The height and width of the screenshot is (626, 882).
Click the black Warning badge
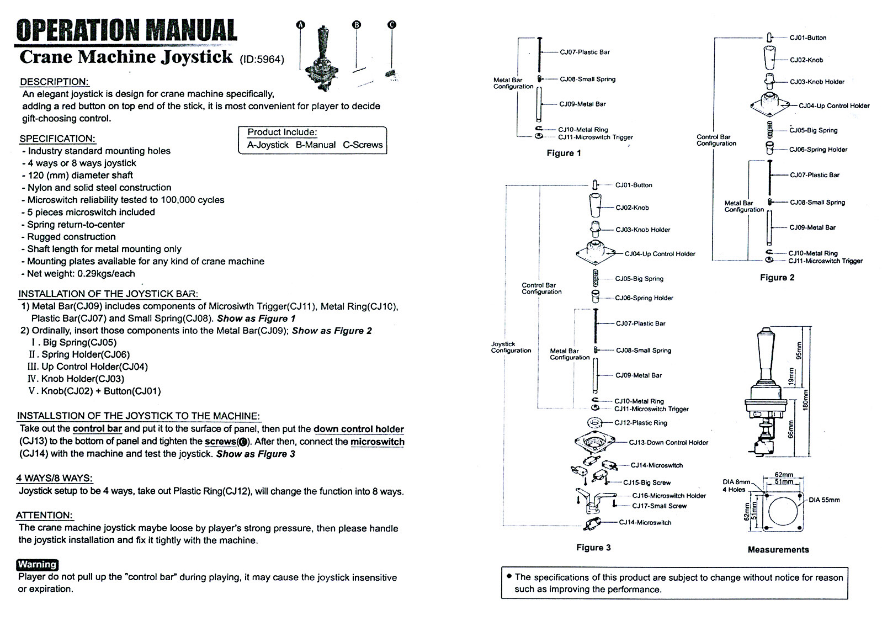click(x=38, y=565)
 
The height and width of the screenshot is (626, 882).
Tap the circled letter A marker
click(x=300, y=25)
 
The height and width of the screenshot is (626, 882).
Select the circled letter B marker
click(x=357, y=25)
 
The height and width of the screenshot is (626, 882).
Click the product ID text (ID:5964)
click(x=262, y=60)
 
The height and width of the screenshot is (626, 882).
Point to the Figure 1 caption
click(x=564, y=153)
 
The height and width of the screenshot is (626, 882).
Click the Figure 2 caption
click(x=777, y=278)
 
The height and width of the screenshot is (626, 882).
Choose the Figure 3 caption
click(x=593, y=548)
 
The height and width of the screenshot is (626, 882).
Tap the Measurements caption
click(x=778, y=550)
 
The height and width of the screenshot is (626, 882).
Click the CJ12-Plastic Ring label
click(x=641, y=423)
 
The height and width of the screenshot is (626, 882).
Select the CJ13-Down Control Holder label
click(x=668, y=443)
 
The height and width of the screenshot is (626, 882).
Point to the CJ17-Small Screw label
click(x=659, y=506)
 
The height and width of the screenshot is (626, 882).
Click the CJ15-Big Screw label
click(x=646, y=482)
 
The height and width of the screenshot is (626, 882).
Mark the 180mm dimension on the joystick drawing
click(x=806, y=400)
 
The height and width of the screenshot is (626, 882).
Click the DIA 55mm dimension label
click(x=824, y=500)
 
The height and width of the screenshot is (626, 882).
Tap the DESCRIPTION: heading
click(x=54, y=82)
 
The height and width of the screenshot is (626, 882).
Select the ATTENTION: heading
click(x=45, y=515)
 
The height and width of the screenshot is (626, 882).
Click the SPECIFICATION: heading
click(x=57, y=139)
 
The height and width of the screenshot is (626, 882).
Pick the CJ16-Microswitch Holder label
click(x=669, y=496)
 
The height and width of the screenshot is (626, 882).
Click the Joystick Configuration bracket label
click(x=511, y=347)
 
